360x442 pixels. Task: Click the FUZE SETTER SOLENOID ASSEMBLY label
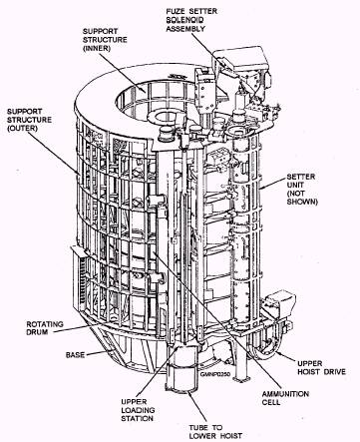pyautogui.click(x=191, y=20)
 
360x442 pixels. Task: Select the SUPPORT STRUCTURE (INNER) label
pyautogui.click(x=105, y=40)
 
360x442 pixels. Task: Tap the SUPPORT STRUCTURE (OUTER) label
pyautogui.click(x=29, y=120)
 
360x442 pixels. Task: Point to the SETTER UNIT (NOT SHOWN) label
pyautogui.click(x=302, y=189)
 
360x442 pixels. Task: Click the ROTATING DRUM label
pyautogui.click(x=45, y=328)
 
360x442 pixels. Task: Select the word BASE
pyautogui.click(x=75, y=355)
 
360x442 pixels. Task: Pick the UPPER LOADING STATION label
pyautogui.click(x=138, y=410)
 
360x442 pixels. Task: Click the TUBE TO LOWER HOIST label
pyautogui.click(x=215, y=431)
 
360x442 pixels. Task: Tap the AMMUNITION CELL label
pyautogui.click(x=285, y=398)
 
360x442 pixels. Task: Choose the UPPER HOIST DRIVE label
pyautogui.click(x=321, y=367)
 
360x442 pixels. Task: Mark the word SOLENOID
pyautogui.click(x=184, y=20)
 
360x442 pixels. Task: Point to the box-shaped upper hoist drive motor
pyautogui.click(x=281, y=300)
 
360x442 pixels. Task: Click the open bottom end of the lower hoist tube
pyautogui.click(x=180, y=389)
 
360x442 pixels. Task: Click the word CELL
pyautogui.click(x=271, y=402)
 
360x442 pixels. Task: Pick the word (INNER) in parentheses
pyautogui.click(x=97, y=48)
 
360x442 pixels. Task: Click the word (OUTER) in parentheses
pyautogui.click(x=22, y=129)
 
